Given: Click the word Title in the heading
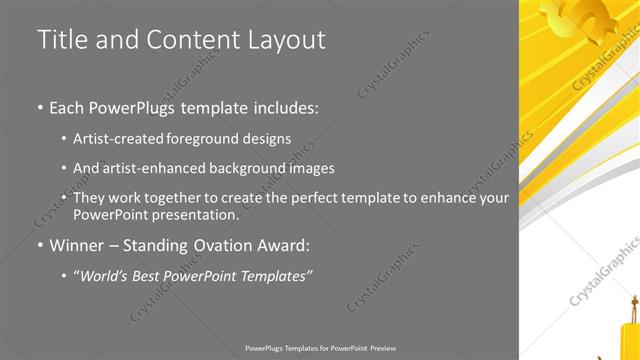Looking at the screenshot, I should (x=60, y=40).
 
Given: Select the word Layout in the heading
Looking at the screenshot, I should (x=288, y=40).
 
